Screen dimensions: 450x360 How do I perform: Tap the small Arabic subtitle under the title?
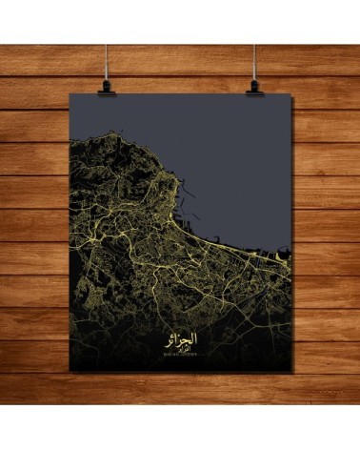(181, 349)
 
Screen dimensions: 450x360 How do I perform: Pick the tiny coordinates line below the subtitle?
(181, 357)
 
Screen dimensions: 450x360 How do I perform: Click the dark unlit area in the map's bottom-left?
(95, 334)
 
